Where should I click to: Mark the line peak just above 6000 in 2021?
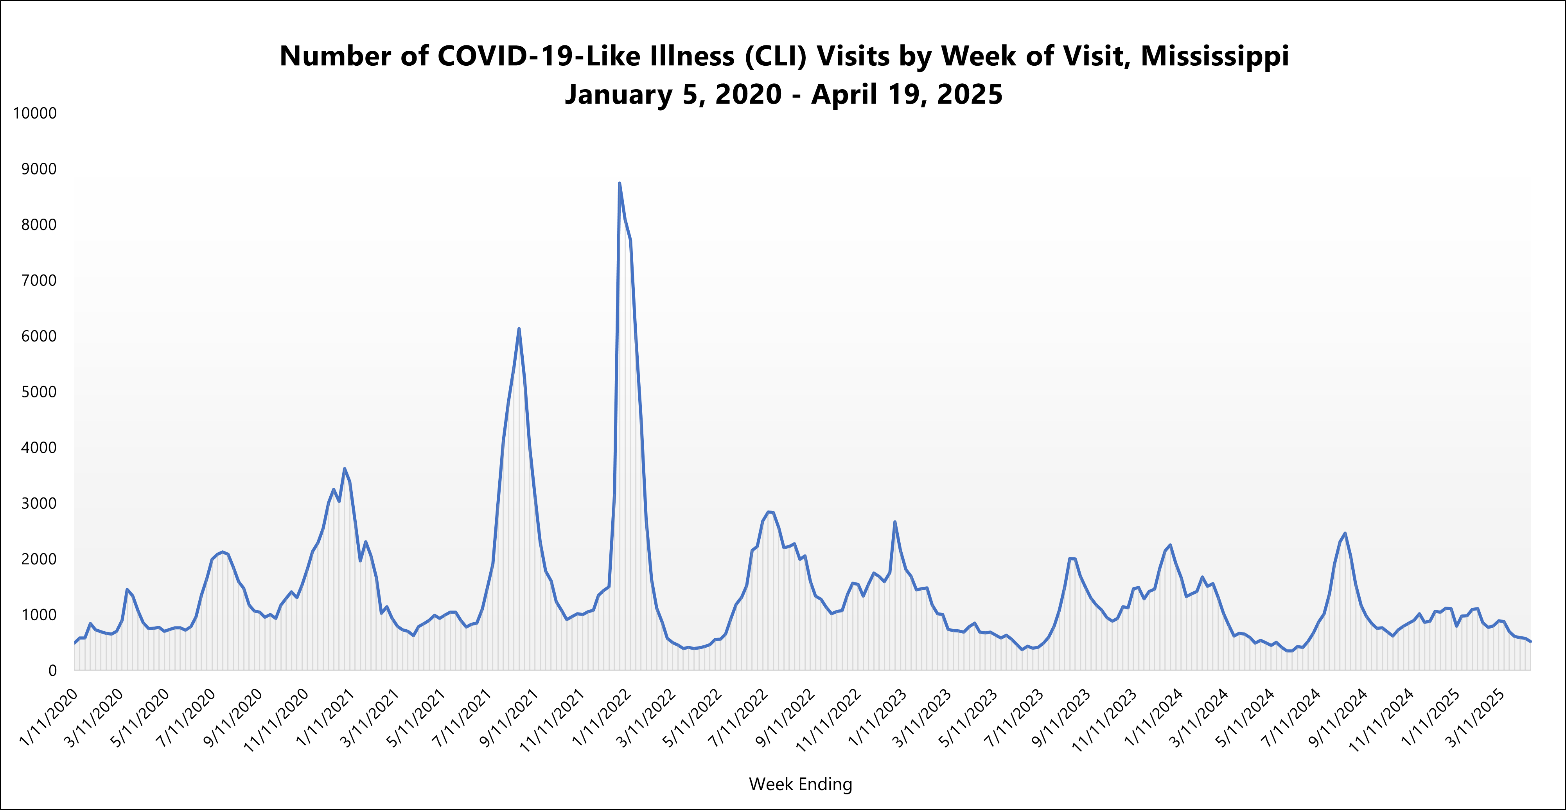519,329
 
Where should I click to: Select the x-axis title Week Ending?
800,784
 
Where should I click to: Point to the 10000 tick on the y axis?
35,113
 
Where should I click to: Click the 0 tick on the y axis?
52,671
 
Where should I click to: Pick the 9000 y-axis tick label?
39,169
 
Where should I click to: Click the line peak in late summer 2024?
1345,533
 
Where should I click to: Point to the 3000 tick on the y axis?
39,503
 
